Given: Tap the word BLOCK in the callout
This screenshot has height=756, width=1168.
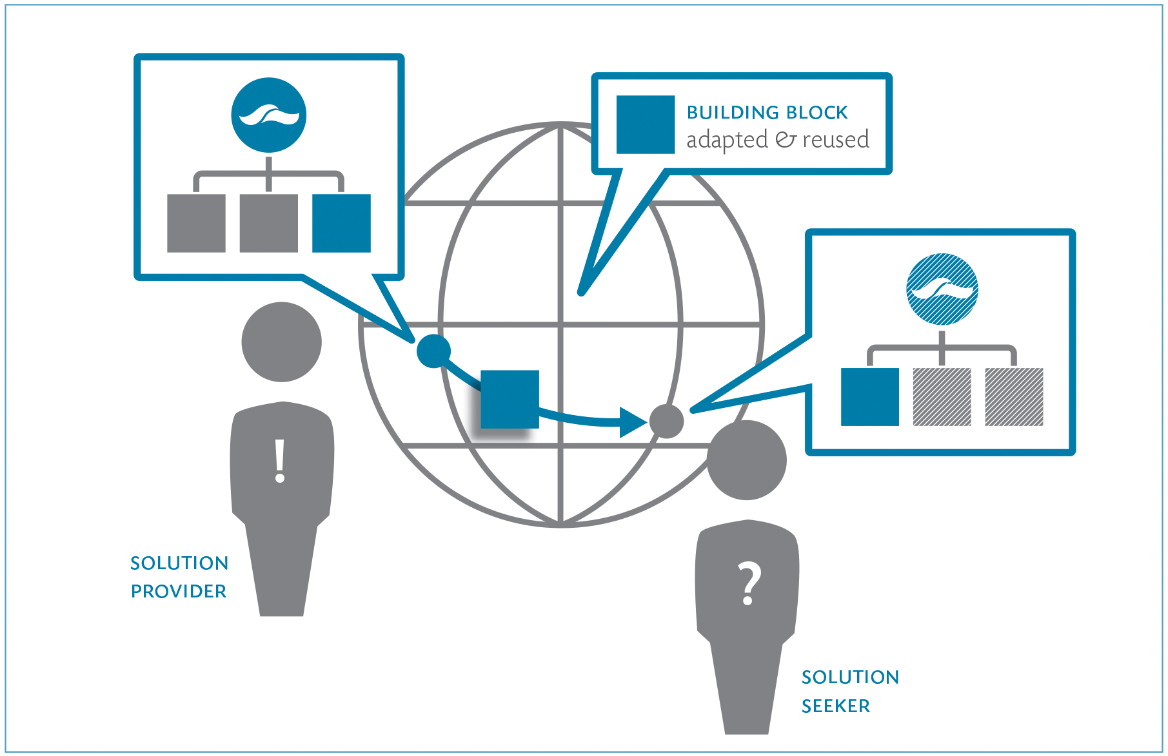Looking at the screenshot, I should pos(817,113).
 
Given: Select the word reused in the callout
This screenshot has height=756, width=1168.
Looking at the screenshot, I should pos(835,140).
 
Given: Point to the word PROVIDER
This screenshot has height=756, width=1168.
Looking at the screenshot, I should pos(179,592).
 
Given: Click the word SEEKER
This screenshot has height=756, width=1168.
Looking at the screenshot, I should pos(836,706).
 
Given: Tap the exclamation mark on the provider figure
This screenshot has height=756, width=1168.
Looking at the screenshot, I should pos(279,461).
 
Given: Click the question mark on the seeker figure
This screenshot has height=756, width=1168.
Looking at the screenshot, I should pos(749,583).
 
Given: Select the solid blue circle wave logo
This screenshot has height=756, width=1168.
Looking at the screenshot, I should pos(269,115).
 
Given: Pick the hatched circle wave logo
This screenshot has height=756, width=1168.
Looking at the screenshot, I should pos(942,289).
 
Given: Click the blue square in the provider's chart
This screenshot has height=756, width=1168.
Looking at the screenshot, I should pos(341,223).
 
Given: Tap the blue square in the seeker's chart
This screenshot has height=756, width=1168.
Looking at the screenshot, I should pos(869,397).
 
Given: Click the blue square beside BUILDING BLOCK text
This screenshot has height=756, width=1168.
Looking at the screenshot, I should pos(645,125).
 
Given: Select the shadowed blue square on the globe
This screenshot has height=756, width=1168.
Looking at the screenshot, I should pos(510,400).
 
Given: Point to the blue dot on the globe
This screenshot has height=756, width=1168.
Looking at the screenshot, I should pos(433,351).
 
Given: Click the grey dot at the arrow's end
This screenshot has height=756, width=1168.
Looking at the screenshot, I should pos(666,422).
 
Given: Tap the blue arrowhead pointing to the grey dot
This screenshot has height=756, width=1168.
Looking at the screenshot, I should pos(631,422).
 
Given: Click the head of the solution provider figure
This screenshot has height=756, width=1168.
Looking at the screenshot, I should pos(281,342).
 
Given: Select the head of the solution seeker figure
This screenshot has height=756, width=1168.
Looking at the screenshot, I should pos(747,460).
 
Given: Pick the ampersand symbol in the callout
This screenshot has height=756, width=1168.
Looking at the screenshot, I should pos(786,140).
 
